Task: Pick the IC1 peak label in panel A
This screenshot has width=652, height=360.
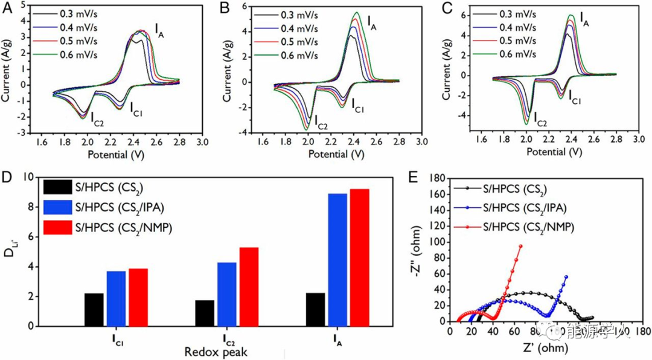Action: click(x=138, y=109)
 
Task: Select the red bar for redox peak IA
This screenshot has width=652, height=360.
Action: click(x=359, y=257)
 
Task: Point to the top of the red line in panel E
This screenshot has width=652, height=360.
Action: click(x=520, y=246)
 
